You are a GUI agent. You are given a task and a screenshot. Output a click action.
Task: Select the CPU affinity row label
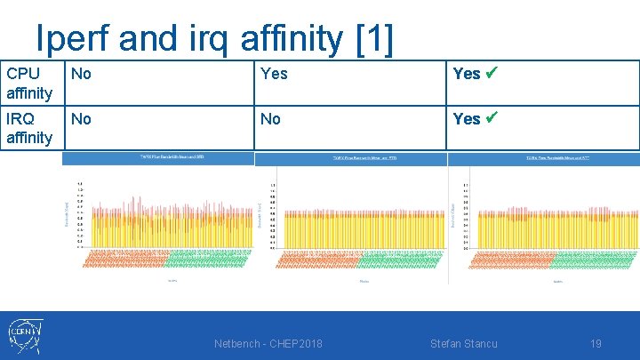[29, 82]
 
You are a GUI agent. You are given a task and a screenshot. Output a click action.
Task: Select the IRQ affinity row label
[29, 127]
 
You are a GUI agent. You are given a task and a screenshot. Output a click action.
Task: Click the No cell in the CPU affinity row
[81, 74]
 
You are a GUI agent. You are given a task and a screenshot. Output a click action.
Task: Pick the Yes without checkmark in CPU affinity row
[274, 74]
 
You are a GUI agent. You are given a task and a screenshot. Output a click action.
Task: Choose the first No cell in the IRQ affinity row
[81, 118]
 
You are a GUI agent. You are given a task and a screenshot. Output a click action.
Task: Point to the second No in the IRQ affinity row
[270, 118]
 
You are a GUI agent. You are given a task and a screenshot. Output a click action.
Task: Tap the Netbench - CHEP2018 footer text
[268, 344]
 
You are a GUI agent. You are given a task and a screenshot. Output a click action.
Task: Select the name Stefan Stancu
[463, 344]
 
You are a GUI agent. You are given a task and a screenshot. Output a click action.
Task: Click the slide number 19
[596, 344]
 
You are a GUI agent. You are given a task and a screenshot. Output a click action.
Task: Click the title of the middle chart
[350, 158]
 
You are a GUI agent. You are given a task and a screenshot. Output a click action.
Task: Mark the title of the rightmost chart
[545, 158]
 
